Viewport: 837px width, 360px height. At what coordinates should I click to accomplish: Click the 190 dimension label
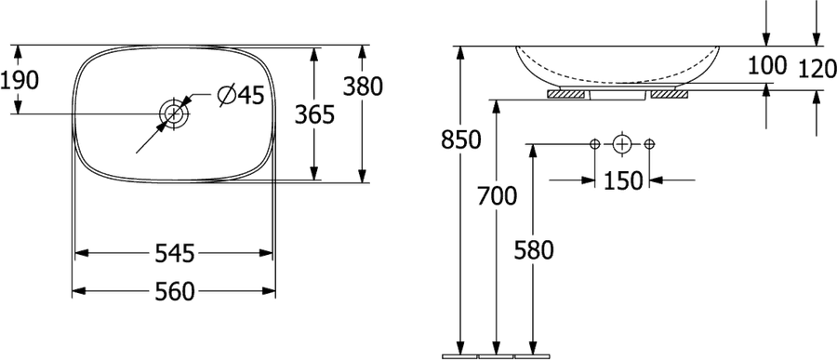pos(20,81)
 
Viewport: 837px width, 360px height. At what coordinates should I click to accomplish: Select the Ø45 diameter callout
pos(241,96)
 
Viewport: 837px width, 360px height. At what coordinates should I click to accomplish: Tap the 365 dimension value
pos(315,114)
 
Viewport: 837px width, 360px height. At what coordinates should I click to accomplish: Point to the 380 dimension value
pos(363,87)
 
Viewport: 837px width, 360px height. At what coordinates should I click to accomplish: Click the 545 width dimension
pos(175,253)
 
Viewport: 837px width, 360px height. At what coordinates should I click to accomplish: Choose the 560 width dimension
pos(175,292)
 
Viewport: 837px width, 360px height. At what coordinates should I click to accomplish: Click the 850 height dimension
pos(461,140)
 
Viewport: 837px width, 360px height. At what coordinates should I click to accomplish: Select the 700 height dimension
pos(497,196)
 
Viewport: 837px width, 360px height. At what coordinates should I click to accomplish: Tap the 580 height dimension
pos(534,250)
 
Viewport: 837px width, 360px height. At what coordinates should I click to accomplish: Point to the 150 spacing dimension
pos(623,181)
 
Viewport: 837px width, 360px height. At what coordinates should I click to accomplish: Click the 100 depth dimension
pos(767,66)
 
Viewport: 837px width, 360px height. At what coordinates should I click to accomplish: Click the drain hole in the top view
pos(174,113)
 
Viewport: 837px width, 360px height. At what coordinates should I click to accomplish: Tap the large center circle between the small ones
pos(622,144)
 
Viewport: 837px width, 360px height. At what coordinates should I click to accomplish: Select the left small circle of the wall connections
pos(595,144)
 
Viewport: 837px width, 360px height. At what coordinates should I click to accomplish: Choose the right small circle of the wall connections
pos(649,144)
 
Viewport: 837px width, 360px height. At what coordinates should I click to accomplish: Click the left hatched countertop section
pos(567,95)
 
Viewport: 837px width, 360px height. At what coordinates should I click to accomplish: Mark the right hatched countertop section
pos(670,95)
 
